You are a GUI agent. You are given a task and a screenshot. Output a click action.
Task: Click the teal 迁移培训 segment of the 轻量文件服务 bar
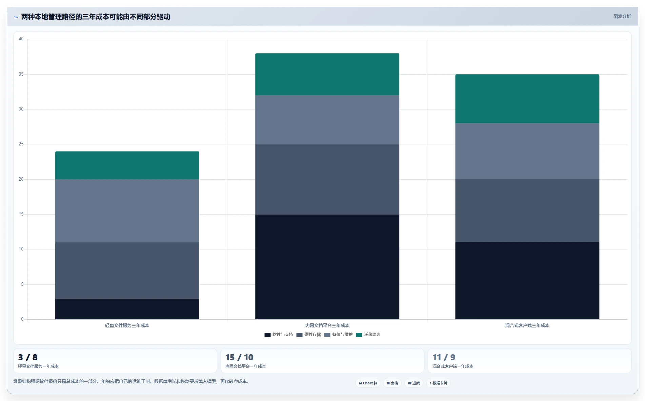127,165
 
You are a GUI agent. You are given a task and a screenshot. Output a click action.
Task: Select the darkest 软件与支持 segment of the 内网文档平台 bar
327,267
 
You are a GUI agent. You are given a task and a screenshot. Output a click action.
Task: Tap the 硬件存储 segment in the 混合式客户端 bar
527,211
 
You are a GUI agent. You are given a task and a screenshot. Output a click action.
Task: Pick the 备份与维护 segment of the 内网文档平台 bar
327,120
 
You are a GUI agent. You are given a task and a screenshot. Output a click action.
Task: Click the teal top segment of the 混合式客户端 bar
527,99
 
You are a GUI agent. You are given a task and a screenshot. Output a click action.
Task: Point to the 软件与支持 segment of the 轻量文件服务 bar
127,309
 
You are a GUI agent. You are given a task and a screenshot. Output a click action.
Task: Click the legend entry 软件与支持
279,335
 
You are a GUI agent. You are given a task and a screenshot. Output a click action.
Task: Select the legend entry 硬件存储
308,335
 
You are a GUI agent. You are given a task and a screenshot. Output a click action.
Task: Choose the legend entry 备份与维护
338,335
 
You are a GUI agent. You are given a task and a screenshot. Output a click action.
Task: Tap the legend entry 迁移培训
368,335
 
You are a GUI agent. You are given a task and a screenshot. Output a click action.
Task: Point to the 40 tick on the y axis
21,39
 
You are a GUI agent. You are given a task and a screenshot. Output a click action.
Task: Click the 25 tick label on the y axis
21,144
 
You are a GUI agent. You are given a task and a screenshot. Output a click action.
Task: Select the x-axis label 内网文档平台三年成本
327,325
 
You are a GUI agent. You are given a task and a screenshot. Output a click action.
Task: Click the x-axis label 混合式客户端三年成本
527,325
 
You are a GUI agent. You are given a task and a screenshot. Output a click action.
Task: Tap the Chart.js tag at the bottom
368,383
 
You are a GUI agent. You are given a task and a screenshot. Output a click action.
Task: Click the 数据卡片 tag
438,383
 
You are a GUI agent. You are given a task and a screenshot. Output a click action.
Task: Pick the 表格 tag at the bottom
392,383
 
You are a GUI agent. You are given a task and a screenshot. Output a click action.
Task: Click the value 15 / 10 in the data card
239,357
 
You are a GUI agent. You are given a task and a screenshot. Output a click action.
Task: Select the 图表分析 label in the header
622,16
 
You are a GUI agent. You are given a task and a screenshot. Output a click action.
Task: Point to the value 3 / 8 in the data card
28,357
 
